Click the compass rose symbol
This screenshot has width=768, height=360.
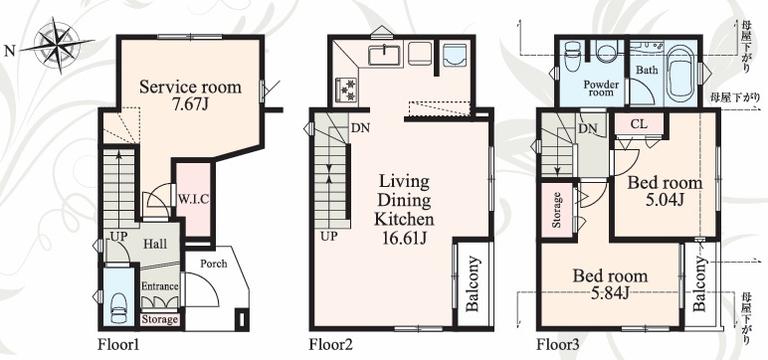[x=58, y=45]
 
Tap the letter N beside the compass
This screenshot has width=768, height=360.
[x=9, y=51]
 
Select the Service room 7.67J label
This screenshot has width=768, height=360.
[x=190, y=95]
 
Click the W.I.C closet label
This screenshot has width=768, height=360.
[x=193, y=199]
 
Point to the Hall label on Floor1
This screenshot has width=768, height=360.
[x=155, y=244]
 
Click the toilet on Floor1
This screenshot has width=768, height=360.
[x=119, y=306]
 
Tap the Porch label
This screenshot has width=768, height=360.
[x=214, y=264]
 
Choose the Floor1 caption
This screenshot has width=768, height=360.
[x=119, y=345]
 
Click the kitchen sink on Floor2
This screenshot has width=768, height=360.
[x=385, y=54]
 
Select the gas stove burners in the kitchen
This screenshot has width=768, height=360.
[x=346, y=90]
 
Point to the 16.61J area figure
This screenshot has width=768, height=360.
[x=405, y=238]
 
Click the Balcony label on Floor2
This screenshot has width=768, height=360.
[x=473, y=284]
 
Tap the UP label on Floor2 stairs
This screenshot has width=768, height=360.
[x=329, y=237]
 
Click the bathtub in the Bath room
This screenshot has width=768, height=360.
[x=682, y=73]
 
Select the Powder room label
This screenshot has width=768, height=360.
[x=601, y=89]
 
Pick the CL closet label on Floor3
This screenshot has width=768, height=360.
[x=639, y=124]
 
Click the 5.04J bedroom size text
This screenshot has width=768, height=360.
[x=666, y=200]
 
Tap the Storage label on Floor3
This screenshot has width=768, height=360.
[x=556, y=210]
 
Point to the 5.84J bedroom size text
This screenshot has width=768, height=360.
[x=610, y=293]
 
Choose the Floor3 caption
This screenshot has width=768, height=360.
[x=558, y=345]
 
